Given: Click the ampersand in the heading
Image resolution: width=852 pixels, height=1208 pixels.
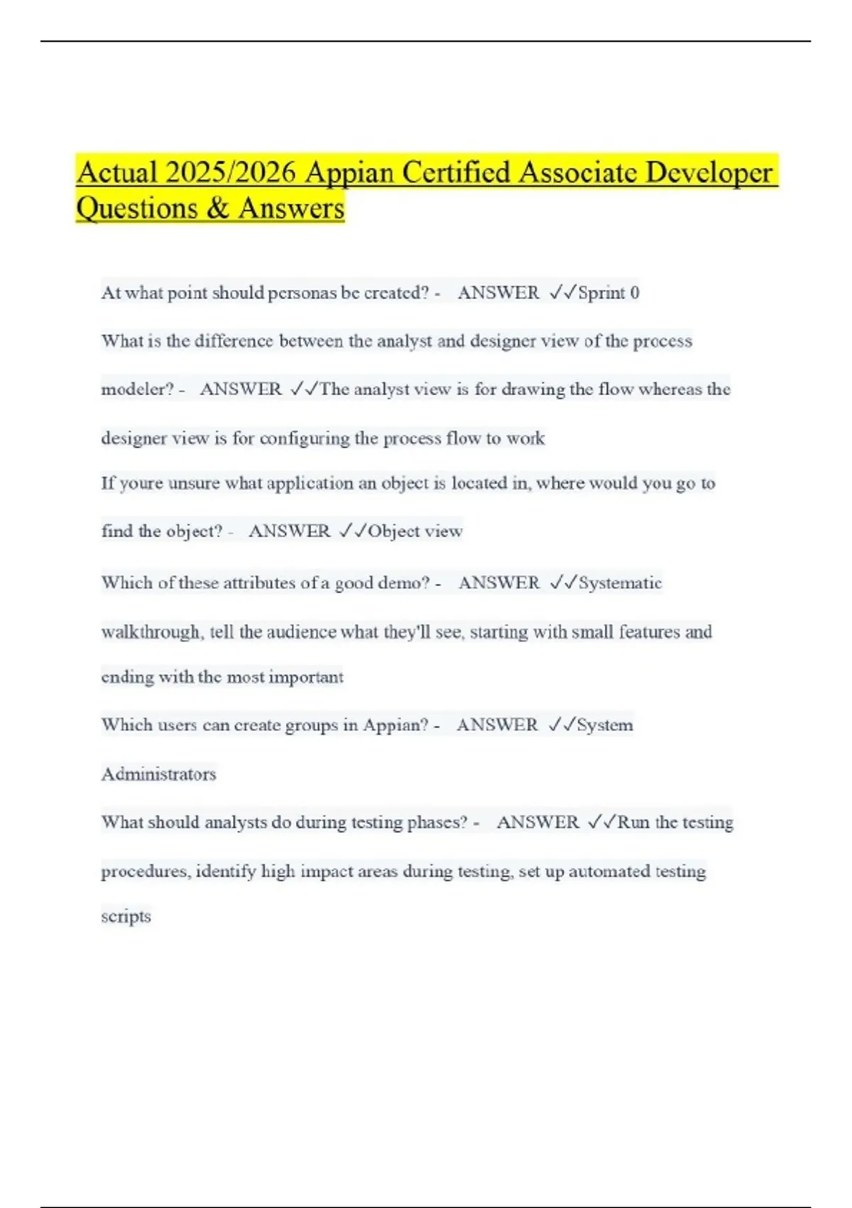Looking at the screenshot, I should click(x=218, y=208).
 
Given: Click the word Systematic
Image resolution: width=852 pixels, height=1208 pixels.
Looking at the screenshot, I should click(x=620, y=583).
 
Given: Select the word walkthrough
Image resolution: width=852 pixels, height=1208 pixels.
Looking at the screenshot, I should click(x=151, y=632).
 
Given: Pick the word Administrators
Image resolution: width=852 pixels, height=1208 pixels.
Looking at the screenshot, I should click(x=158, y=774).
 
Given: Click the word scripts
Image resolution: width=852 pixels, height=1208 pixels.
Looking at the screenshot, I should click(x=126, y=917).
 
